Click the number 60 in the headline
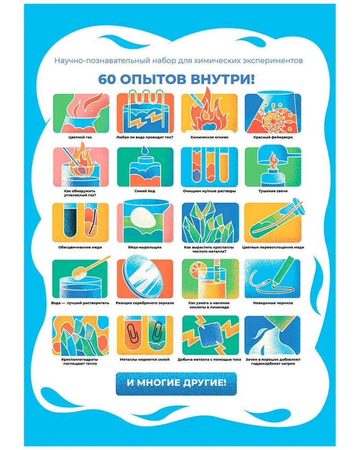(x=107, y=79)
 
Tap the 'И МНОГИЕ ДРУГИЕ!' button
(x=176, y=383)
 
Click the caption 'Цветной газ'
(x=80, y=137)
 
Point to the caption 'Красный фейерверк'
(x=273, y=137)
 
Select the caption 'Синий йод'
(x=145, y=191)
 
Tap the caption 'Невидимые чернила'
(x=273, y=303)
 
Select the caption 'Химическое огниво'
(x=209, y=137)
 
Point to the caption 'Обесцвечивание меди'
(x=80, y=247)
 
